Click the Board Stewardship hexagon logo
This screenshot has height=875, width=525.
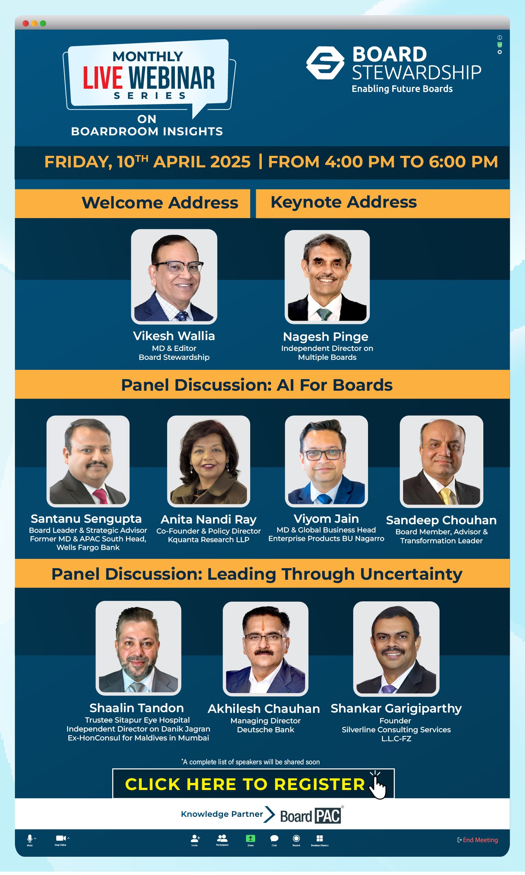pyautogui.click(x=325, y=63)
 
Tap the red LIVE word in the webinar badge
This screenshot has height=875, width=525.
pyautogui.click(x=103, y=78)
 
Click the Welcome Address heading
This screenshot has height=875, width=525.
pyautogui.click(x=160, y=203)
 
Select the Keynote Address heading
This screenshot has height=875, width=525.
pyautogui.click(x=343, y=202)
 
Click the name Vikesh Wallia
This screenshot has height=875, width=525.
pyautogui.click(x=174, y=336)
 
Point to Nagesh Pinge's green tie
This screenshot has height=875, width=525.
pyautogui.click(x=324, y=314)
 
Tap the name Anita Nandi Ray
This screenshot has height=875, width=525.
pyautogui.click(x=208, y=519)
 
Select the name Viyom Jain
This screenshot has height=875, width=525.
pyautogui.click(x=326, y=519)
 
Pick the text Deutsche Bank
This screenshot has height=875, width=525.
pyautogui.click(x=265, y=730)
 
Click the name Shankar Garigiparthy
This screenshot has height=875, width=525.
pyautogui.click(x=396, y=708)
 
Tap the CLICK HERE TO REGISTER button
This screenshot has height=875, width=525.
pyautogui.click(x=245, y=784)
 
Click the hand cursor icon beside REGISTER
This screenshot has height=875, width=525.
pyautogui.click(x=378, y=786)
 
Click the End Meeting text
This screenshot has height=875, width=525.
pyautogui.click(x=480, y=840)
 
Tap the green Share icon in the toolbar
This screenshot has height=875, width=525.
pyautogui.click(x=250, y=838)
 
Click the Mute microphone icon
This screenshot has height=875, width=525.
pyautogui.click(x=30, y=838)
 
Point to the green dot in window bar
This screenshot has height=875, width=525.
pyautogui.click(x=43, y=23)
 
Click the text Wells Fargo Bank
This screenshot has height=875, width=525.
pyautogui.click(x=88, y=547)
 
